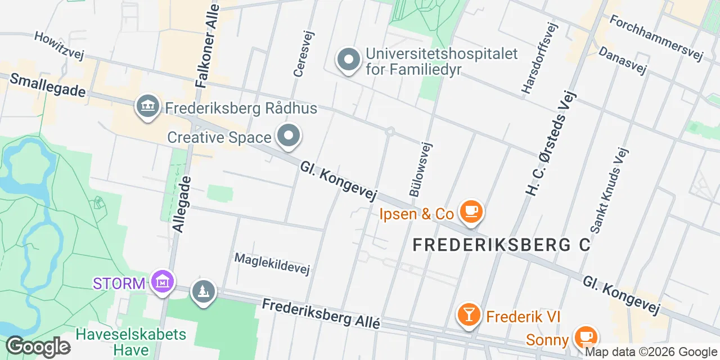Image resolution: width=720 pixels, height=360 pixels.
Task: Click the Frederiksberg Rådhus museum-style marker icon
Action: (x=147, y=106)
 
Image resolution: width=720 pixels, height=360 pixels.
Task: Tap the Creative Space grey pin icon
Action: (x=289, y=136)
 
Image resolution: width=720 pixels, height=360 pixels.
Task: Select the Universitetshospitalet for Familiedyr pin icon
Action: (x=348, y=60)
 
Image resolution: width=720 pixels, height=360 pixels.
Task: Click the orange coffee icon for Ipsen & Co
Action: (x=471, y=212)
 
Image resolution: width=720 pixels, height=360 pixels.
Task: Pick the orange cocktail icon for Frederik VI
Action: (x=468, y=314)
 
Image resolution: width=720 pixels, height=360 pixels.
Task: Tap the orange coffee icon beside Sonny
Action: (x=586, y=337)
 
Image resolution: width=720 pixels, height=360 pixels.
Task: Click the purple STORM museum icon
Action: (x=163, y=281)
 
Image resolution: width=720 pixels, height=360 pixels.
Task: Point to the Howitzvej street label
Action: (x=59, y=46)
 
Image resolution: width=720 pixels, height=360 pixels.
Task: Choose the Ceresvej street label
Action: (x=304, y=53)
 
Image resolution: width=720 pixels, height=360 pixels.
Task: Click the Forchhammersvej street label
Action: (x=656, y=37)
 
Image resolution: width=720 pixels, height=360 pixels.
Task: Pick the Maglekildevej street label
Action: (x=272, y=264)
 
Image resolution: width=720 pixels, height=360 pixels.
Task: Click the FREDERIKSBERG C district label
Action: (x=502, y=245)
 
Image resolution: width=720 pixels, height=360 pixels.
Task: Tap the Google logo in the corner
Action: (x=38, y=346)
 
